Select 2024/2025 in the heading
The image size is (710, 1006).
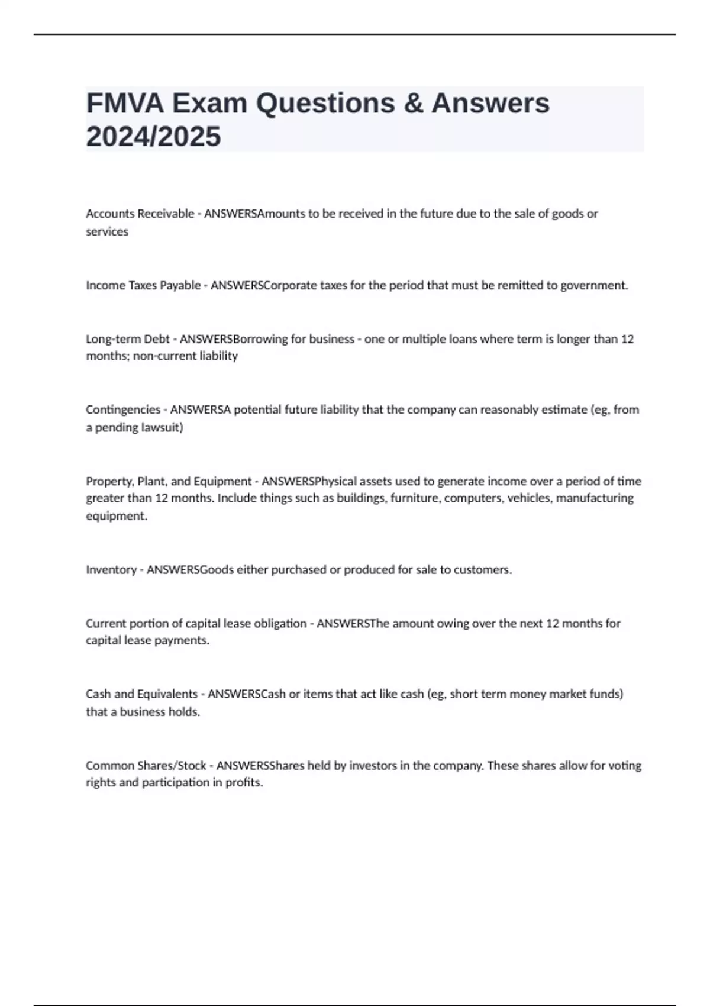tap(153, 137)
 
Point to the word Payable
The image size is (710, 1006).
tap(180, 285)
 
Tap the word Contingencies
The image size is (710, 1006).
tap(122, 410)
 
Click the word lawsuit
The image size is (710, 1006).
tap(160, 427)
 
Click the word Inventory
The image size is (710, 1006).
tap(111, 569)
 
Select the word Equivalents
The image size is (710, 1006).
tap(167, 694)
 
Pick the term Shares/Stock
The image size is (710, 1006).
tap(172, 765)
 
